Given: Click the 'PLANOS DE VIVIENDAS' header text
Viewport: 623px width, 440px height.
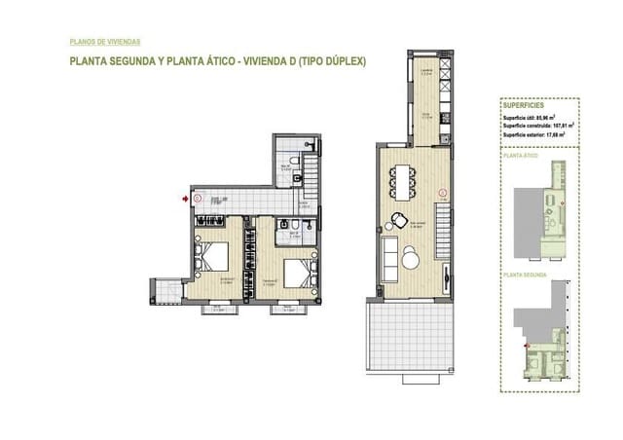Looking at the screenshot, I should click(x=106, y=42).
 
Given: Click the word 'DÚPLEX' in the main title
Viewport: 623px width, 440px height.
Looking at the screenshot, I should click(x=343, y=60).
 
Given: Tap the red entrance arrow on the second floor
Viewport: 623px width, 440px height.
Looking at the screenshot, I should click(x=186, y=199).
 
